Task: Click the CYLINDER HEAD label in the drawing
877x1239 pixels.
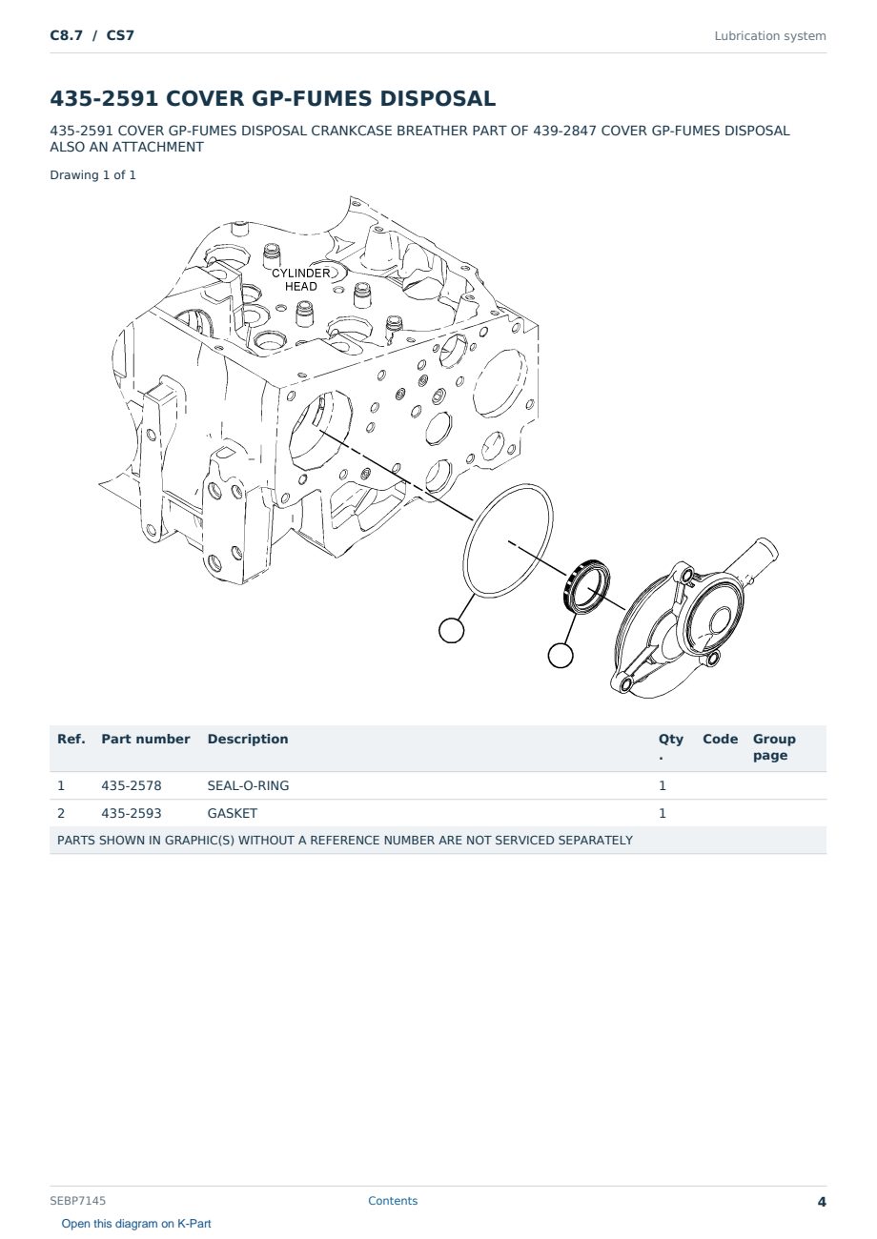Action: coord(301,280)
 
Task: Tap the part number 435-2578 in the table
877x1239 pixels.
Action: coord(132,785)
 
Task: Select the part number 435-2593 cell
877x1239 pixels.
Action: coord(132,813)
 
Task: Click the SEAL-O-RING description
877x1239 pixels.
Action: coord(248,785)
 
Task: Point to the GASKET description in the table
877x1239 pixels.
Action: coord(233,813)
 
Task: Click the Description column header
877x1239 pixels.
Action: coord(248,739)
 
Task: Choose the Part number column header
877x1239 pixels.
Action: coord(146,739)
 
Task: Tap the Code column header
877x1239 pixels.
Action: coord(720,739)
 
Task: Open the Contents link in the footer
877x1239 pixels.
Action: coord(393,1201)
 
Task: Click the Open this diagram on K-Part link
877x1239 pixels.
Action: coord(136,1224)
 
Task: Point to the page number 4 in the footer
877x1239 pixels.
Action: coord(822,1202)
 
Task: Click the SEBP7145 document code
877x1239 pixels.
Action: coord(77,1201)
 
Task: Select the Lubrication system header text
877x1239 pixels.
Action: coord(770,36)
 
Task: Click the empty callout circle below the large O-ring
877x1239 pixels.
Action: coord(452,630)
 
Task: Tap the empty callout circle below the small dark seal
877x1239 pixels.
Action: coord(561,656)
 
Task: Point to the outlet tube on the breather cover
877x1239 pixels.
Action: coord(752,559)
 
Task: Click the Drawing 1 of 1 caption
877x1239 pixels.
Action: coord(93,175)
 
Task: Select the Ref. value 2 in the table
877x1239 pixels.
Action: coord(61,813)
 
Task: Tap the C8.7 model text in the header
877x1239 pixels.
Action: coord(67,35)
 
